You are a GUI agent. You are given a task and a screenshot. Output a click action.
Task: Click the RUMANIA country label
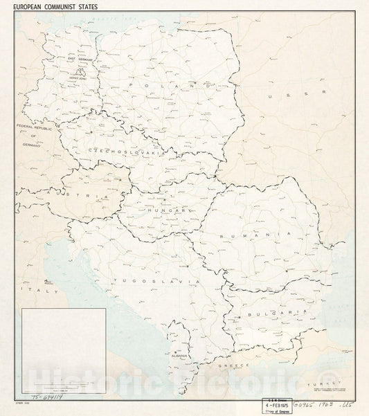tap(253, 236)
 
